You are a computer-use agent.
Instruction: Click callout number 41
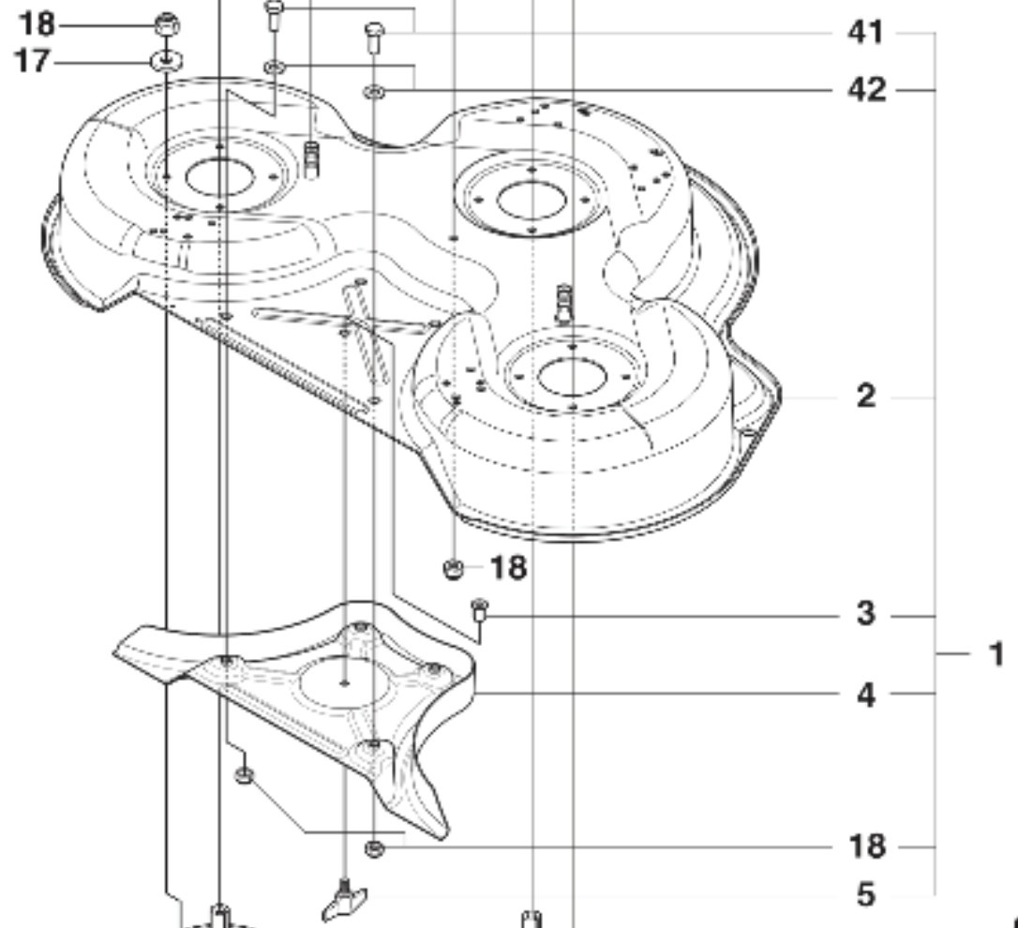[x=865, y=33]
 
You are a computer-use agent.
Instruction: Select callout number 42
[x=865, y=90]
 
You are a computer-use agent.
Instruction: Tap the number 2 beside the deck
[x=865, y=396]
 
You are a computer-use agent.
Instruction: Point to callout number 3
[x=865, y=615]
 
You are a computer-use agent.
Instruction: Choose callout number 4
[x=865, y=695]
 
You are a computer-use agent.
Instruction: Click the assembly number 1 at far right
[x=996, y=653]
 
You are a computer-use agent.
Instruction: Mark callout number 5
[x=865, y=894]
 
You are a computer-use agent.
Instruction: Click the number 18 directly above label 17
[x=33, y=22]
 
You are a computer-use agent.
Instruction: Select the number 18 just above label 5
[x=865, y=846]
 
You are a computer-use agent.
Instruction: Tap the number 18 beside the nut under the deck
[x=507, y=568]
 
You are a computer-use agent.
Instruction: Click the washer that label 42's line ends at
[x=373, y=91]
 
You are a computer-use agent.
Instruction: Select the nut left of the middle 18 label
[x=452, y=568]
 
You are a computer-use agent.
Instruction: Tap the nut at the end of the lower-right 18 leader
[x=373, y=848]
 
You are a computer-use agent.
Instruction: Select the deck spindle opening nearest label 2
[x=572, y=375]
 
